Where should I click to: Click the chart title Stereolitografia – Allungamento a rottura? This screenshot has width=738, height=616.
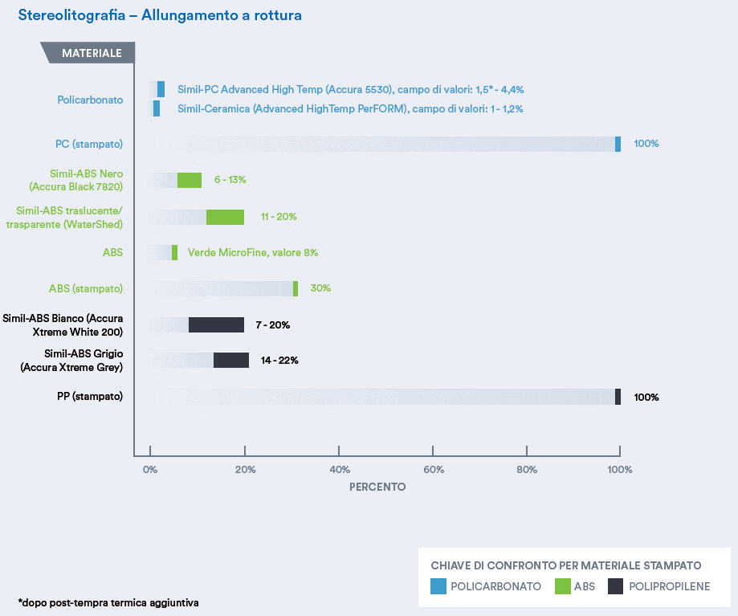(160, 16)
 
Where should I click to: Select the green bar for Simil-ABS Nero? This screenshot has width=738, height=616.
(190, 180)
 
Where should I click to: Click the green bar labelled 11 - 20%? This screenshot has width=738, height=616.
(225, 217)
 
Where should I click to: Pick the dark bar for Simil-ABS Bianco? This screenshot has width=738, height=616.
(216, 324)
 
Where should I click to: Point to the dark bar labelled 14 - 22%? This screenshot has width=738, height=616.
(231, 361)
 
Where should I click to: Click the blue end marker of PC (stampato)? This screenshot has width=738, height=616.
(618, 144)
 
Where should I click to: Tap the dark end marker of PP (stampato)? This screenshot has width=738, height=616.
(618, 397)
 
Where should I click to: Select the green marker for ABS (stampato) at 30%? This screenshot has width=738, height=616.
(296, 288)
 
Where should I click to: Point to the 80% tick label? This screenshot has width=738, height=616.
(527, 469)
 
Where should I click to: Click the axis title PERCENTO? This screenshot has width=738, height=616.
(377, 487)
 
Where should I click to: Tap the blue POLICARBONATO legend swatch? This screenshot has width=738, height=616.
(438, 586)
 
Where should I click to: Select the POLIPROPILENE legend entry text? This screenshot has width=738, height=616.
(670, 586)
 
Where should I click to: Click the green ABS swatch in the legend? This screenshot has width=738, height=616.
(562, 586)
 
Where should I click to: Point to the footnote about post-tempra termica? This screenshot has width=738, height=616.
(108, 602)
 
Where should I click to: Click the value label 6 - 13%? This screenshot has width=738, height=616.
(230, 180)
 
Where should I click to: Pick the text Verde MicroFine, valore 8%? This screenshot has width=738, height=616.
(253, 252)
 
